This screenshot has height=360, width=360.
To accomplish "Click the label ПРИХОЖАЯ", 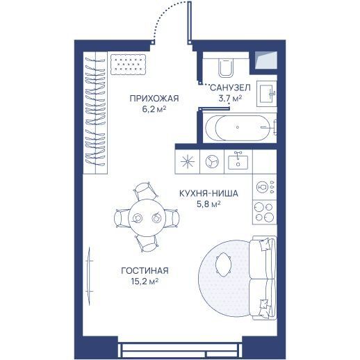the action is (x=154, y=99).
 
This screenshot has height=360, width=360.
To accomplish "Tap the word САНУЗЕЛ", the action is (x=230, y=88).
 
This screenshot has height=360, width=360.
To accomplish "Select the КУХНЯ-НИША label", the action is (x=208, y=193).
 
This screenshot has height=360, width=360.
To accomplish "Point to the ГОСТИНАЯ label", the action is (x=145, y=270).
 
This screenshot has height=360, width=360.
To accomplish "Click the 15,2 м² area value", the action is (x=145, y=281).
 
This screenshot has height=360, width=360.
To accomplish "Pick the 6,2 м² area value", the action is (x=154, y=109).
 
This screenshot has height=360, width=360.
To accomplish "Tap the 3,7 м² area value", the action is (x=230, y=99).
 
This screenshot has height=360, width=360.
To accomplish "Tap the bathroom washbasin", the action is (x=267, y=93).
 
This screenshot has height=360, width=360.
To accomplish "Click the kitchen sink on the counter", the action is (x=238, y=161).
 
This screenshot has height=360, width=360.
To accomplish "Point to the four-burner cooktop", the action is (x=264, y=212).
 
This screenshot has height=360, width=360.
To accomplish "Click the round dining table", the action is (x=147, y=218).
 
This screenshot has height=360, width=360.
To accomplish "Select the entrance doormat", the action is (x=128, y=65).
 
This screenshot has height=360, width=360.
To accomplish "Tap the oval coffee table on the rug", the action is (x=223, y=264).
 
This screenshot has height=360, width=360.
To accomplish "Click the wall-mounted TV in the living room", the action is (x=88, y=276).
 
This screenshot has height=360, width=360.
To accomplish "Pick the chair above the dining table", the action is (x=145, y=190).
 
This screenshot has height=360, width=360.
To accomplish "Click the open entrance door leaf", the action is (x=190, y=22).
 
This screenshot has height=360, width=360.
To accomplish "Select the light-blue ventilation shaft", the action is (x=266, y=60).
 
